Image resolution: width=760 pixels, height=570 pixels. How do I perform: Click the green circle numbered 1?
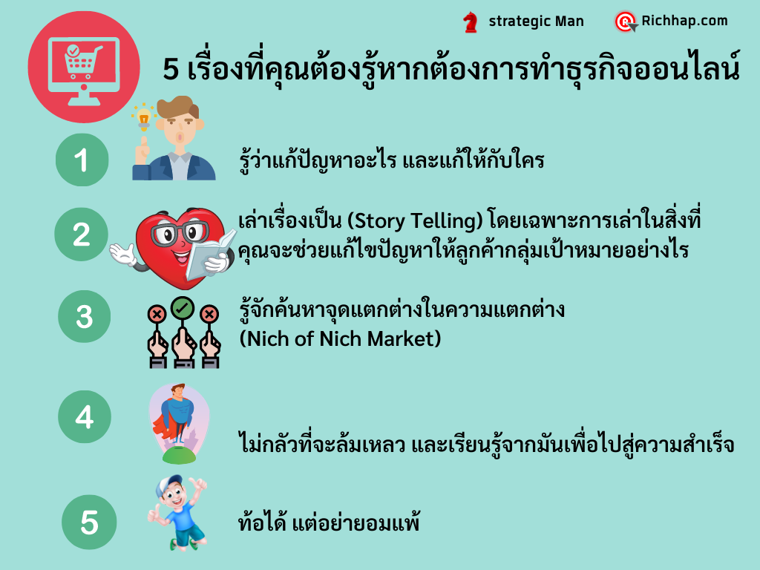82,160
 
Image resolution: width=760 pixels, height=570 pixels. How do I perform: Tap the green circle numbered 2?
81,234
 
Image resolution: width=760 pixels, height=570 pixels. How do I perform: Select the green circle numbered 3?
85,316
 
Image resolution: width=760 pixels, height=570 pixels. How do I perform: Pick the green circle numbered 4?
85,417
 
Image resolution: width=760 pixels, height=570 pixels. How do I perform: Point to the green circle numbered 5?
89,522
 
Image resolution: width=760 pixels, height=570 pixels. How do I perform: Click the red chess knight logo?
470,22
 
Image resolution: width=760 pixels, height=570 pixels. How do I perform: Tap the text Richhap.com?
684,21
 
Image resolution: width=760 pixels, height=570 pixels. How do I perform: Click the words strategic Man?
536,22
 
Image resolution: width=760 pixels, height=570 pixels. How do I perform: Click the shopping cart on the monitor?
83,62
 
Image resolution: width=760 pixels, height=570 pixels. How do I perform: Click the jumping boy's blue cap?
167,484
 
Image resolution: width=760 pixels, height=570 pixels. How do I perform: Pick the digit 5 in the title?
171,69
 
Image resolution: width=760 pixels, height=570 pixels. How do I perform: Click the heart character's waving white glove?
122,254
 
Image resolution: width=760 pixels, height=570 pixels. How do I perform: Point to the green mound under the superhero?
179,455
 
